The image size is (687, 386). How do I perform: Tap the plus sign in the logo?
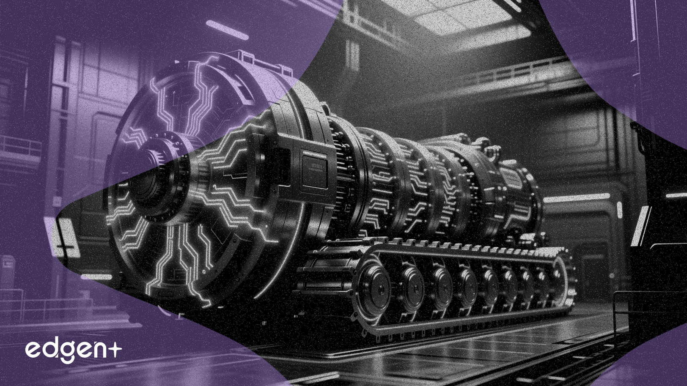click(x=113, y=349)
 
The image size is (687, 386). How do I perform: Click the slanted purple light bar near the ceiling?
click(x=227, y=30)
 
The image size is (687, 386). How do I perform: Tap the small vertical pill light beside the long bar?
click(x=620, y=210)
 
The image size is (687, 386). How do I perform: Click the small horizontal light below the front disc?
click(x=96, y=277)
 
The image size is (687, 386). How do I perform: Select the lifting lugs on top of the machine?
click(x=486, y=146)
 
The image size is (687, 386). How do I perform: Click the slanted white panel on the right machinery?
click(x=641, y=224)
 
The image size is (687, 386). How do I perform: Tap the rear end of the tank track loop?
click(x=565, y=279)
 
